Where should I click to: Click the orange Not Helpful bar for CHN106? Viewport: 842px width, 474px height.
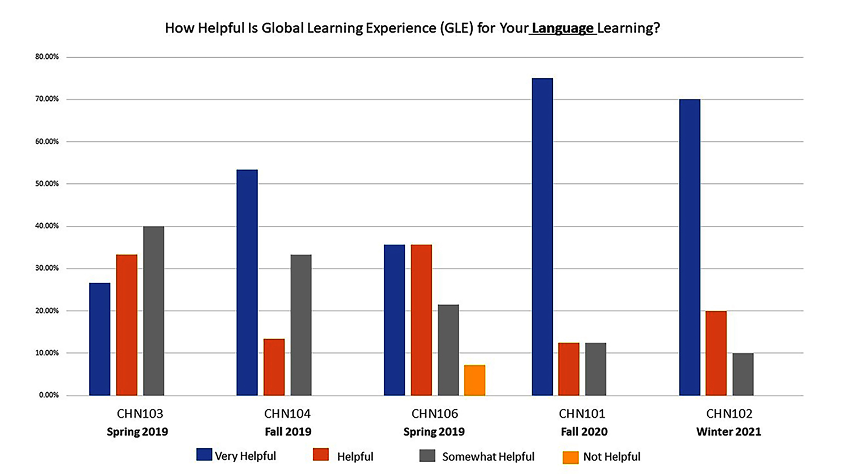tap(475, 380)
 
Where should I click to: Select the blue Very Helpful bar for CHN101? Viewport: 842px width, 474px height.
tap(542, 237)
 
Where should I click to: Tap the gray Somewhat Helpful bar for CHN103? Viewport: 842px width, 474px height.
tap(154, 311)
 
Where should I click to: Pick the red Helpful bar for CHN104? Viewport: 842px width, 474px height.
tap(274, 367)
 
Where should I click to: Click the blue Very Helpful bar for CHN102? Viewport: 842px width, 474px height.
tap(689, 248)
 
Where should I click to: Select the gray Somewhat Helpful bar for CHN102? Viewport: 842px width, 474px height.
tap(743, 374)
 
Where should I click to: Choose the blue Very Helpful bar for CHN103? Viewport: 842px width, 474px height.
tap(100, 339)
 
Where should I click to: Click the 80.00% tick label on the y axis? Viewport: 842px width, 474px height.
tap(47, 57)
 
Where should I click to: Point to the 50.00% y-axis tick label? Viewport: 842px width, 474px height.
tap(47, 184)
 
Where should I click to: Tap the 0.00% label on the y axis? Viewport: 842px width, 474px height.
tap(49, 395)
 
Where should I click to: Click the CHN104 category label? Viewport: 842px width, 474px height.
tap(287, 414)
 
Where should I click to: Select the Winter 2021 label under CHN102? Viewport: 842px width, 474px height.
tap(729, 432)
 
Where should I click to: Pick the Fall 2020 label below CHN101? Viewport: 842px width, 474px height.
tap(584, 432)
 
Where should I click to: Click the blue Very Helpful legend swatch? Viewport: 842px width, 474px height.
tap(204, 455)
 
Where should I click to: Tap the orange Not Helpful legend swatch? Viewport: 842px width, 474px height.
tap(570, 457)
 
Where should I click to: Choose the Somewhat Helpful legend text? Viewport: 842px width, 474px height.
tap(488, 457)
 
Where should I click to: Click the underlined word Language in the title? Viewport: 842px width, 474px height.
tap(562, 28)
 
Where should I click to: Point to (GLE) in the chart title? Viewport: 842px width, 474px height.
tap(457, 28)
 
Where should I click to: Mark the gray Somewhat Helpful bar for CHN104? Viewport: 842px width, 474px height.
tap(301, 325)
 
